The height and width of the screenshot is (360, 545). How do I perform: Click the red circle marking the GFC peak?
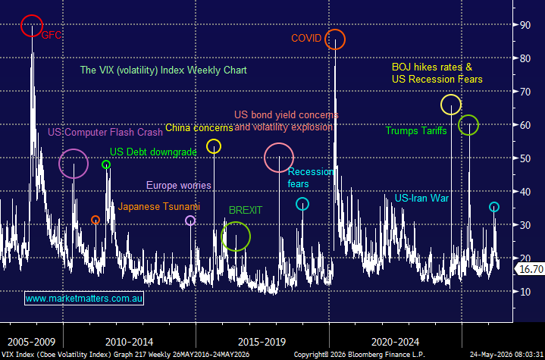(21, 26)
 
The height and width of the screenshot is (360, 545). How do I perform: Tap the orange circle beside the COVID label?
(325, 39)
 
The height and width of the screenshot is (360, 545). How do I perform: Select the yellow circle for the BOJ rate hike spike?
(441, 105)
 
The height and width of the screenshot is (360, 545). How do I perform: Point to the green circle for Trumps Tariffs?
(459, 125)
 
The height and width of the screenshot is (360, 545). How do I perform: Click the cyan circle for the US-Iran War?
(490, 207)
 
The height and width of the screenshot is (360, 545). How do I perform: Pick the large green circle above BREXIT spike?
(221, 236)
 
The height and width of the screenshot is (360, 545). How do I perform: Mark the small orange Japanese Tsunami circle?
(92, 220)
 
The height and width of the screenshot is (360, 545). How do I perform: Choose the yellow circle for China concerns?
(207, 146)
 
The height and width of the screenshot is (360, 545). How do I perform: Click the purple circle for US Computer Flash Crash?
(59, 164)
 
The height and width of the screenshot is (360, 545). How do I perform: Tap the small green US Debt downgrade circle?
(102, 164)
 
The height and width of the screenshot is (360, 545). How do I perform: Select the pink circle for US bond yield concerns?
(265, 158)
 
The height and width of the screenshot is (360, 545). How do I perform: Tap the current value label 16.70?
(530, 268)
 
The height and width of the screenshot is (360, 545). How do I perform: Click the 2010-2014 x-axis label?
(129, 342)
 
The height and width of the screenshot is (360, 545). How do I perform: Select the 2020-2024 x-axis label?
(395, 342)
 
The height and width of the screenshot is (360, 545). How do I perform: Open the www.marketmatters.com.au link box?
(84, 299)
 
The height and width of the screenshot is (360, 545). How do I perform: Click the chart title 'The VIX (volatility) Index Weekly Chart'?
(164, 70)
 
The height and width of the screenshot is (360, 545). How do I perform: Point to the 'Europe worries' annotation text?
(179, 185)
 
